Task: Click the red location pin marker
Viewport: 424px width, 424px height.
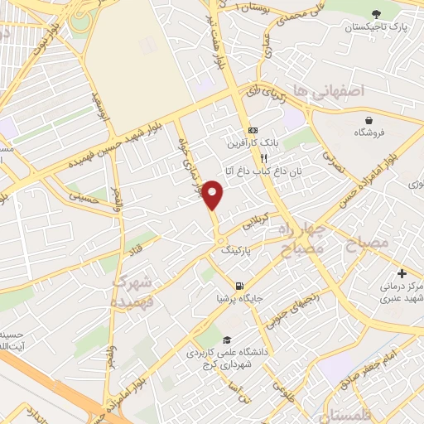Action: [x=214, y=195]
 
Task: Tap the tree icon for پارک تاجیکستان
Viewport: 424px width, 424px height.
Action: [x=378, y=14]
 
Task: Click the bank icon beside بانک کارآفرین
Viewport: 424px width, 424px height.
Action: [x=252, y=132]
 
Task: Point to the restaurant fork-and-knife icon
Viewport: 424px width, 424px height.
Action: [x=263, y=157]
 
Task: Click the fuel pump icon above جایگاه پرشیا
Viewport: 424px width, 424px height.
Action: [x=239, y=282]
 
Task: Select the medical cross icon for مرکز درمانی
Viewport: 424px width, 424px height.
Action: [x=402, y=273]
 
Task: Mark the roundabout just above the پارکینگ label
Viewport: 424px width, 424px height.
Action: [x=220, y=241]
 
